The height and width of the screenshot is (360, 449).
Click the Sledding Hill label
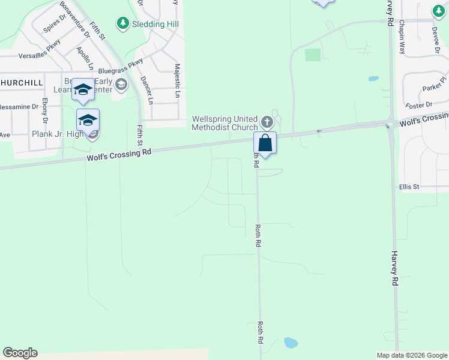(x=152, y=23)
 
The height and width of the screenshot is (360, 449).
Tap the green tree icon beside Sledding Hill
(x=123, y=23)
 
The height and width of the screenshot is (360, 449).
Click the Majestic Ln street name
(x=177, y=81)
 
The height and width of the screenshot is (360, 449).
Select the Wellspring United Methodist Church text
(x=224, y=123)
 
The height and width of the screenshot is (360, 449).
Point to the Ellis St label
(x=409, y=187)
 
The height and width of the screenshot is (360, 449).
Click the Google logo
(x=20, y=353)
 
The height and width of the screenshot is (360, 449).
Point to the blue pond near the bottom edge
(x=290, y=343)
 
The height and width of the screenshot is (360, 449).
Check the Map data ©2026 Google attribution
(x=411, y=355)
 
